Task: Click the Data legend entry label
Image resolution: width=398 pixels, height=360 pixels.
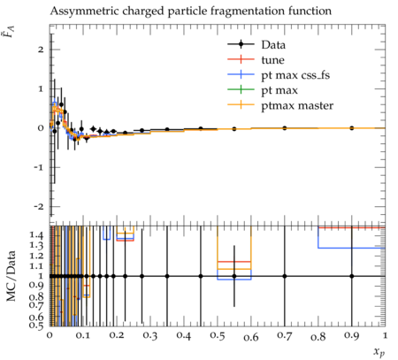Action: [273, 45]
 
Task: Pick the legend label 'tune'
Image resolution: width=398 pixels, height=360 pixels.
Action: [272, 60]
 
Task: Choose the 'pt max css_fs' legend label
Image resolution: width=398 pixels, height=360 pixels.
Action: [295, 75]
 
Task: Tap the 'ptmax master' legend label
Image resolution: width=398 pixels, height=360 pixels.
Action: [297, 105]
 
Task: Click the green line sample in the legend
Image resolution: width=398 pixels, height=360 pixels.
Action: [241, 89]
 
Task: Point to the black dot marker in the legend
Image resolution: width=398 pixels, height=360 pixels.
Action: [241, 44]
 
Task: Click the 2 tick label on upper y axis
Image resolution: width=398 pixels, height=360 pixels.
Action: [41, 50]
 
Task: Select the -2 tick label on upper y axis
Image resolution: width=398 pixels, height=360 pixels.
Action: [39, 206]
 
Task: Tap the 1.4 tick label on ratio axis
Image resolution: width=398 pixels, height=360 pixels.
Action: [36, 235]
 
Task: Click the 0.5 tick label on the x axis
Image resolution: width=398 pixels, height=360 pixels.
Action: [218, 336]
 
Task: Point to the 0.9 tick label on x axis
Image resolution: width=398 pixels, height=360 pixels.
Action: [352, 336]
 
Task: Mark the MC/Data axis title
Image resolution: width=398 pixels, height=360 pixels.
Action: [11, 276]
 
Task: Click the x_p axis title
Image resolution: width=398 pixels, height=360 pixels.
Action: [379, 352]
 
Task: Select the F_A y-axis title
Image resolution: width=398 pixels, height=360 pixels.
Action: [11, 32]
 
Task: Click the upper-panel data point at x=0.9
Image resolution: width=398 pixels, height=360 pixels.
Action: [352, 128]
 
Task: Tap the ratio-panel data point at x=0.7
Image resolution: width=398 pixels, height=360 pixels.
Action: [285, 276]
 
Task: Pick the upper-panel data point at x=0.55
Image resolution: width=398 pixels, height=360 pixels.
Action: [234, 129]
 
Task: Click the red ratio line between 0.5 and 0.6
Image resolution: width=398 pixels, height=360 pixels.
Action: [234, 262]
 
